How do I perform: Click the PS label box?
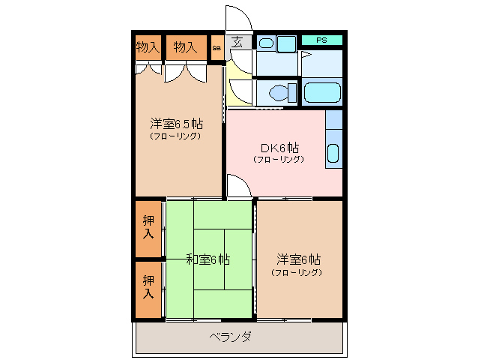click(321, 40)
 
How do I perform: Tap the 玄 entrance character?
click(238, 42)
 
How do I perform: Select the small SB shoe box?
click(217, 48)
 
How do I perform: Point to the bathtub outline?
click(322, 94)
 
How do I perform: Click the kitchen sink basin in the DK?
click(334, 154)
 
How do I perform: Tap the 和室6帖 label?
click(208, 259)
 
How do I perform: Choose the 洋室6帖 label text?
click(299, 259)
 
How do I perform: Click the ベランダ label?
click(230, 337)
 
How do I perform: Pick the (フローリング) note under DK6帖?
click(278, 159)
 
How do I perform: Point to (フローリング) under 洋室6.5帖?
click(175, 136)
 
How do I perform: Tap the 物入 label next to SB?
click(185, 46)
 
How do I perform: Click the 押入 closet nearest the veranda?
click(148, 287)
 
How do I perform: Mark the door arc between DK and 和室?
click(238, 186)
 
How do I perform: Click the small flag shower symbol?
click(305, 55)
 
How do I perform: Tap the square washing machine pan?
click(286, 43)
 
